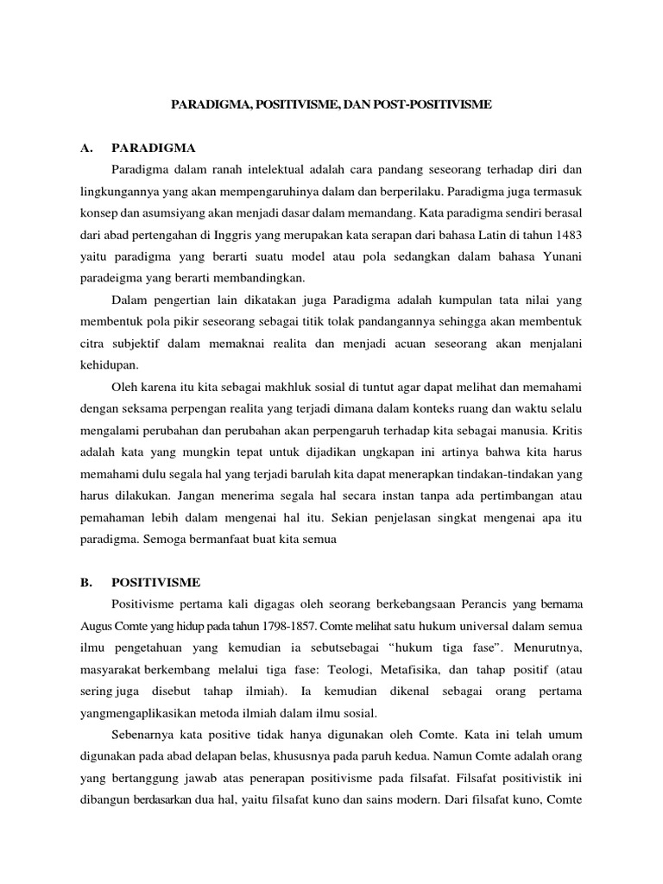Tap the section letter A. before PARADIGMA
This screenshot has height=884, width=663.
click(x=86, y=148)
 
